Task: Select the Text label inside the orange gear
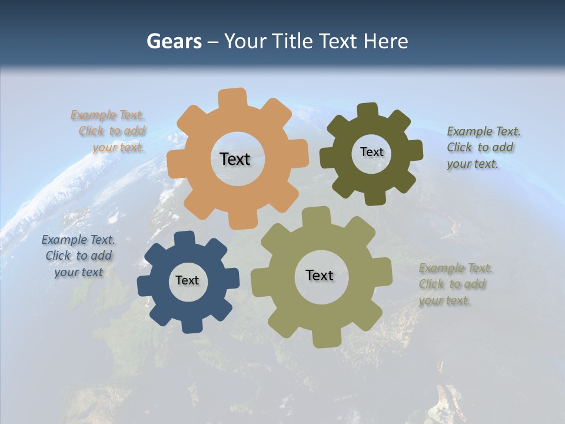click(235, 159)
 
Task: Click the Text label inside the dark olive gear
click(371, 152)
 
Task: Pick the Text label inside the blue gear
click(187, 280)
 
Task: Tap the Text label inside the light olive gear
click(320, 275)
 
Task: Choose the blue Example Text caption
click(79, 256)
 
